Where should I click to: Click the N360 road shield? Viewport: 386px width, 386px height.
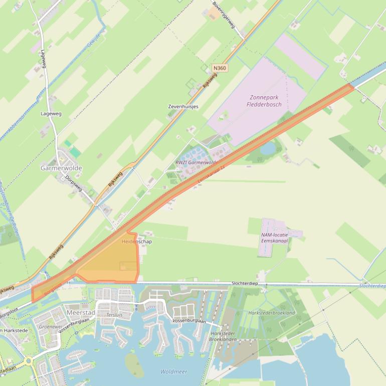coord(219,68)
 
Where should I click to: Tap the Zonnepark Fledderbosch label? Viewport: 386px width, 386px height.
coord(264,101)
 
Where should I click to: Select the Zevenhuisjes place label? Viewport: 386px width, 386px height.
coord(183,107)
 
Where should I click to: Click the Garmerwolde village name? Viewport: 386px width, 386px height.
coord(61,168)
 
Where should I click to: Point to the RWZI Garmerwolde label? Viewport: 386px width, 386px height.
coord(196,162)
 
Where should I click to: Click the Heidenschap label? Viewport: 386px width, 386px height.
coord(136,242)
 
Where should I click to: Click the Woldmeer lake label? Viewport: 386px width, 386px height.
coord(173,371)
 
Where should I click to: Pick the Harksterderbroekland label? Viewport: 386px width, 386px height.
coord(272,313)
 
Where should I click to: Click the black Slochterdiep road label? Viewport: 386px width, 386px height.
coord(245,283)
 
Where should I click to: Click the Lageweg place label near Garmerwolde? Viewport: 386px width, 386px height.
coord(51,114)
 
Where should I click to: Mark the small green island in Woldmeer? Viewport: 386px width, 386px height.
coord(134,365)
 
